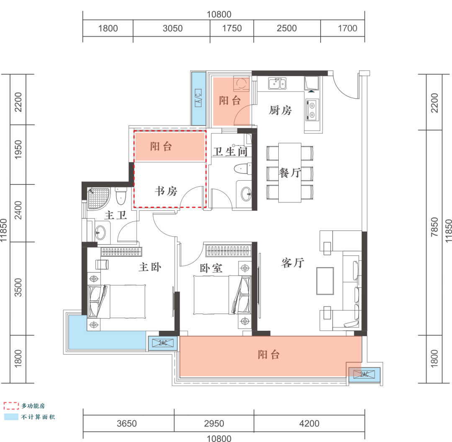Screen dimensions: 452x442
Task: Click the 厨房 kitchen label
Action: click(280, 110)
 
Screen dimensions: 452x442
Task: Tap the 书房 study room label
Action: click(166, 191)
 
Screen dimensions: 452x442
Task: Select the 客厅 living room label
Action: click(293, 263)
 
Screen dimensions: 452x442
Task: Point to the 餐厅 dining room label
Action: click(290, 173)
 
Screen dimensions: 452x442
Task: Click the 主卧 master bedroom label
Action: click(150, 267)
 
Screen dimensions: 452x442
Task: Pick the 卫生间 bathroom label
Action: click(230, 151)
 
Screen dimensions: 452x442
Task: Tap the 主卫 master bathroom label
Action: click(116, 215)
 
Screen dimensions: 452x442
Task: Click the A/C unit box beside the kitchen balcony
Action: click(198, 98)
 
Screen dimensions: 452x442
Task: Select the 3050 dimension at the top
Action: click(173, 28)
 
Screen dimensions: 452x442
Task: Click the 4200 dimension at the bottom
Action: click(309, 424)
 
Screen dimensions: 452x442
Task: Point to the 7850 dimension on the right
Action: click(434, 227)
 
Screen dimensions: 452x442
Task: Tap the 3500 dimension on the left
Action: click(18, 287)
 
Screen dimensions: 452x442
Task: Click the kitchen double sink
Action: click(277, 84)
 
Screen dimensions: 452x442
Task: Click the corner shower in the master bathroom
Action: click(99, 198)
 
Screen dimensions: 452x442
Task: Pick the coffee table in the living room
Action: click(325, 281)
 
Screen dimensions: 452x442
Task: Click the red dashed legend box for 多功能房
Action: click(11, 406)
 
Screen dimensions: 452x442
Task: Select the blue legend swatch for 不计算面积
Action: click(11, 417)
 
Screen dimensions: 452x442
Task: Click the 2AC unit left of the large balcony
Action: click(163, 343)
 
